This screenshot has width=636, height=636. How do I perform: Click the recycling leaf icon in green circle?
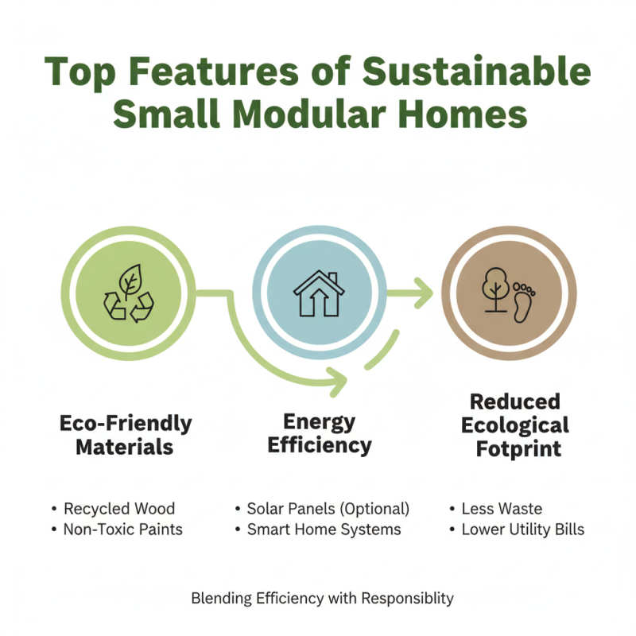(x=129, y=293)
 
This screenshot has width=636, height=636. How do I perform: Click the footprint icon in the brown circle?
(x=523, y=301)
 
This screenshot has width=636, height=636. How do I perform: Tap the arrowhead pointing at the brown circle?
(x=423, y=293)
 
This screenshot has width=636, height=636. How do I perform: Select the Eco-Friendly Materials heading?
(x=126, y=435)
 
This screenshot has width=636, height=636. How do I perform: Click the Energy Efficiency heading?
(x=319, y=432)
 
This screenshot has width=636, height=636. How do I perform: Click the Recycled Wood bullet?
(x=119, y=509)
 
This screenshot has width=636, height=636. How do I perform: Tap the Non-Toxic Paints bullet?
(x=123, y=529)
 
